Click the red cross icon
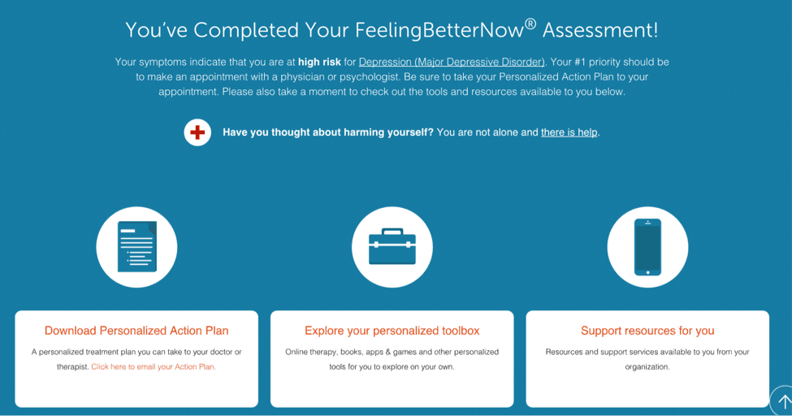[x=197, y=132]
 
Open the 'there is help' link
[x=569, y=132]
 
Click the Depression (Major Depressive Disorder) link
[x=452, y=63]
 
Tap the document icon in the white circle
[x=137, y=247]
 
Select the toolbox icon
[x=392, y=247]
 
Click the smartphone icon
[x=647, y=247]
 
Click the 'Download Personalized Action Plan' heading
[x=136, y=331]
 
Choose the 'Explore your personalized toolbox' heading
[x=392, y=331]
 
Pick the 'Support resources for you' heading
[x=647, y=331]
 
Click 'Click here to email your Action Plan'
[x=154, y=367]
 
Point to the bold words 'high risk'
[x=319, y=63]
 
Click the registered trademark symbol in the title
[x=530, y=24]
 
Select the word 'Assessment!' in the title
[x=600, y=30]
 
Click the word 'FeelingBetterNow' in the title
[x=439, y=30]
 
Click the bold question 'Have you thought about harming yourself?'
[x=328, y=132]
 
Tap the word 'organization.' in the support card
[x=647, y=367]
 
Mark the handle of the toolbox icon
[x=392, y=232]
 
